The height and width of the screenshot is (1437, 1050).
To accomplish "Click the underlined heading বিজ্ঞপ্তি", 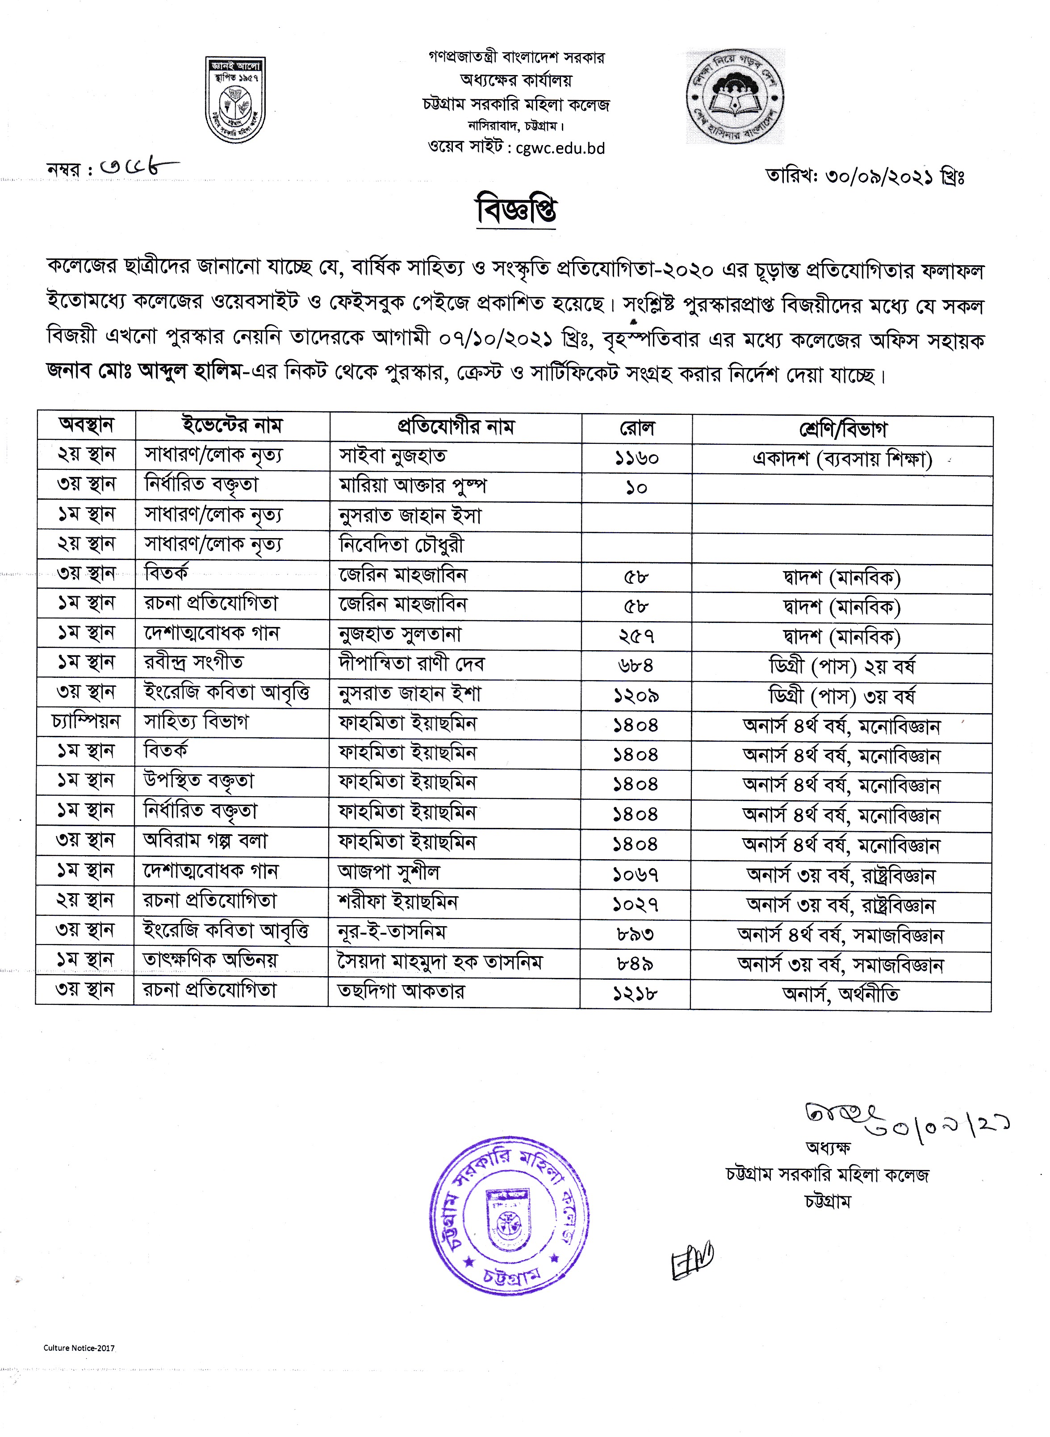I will (517, 210).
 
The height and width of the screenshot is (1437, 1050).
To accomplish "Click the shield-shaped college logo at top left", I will (235, 100).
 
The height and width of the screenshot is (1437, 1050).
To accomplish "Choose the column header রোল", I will (636, 428).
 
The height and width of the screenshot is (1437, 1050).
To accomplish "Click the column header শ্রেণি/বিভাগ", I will (842, 430).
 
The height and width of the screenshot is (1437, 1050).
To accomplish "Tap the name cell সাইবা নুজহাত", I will (393, 455).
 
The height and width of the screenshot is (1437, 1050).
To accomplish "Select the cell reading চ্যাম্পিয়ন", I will (86, 722).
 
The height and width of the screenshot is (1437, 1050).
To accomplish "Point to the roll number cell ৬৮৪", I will (636, 665).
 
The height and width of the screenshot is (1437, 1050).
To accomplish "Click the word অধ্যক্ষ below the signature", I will (828, 1147).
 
